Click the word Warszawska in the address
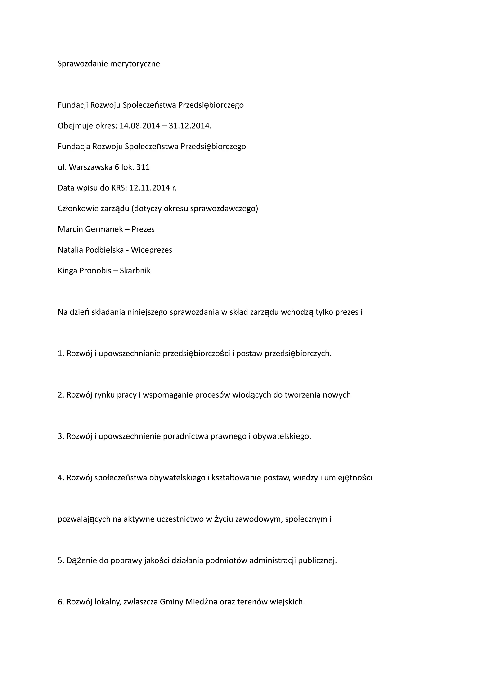click(90, 167)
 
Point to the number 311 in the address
click(143, 167)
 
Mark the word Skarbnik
click(135, 271)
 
